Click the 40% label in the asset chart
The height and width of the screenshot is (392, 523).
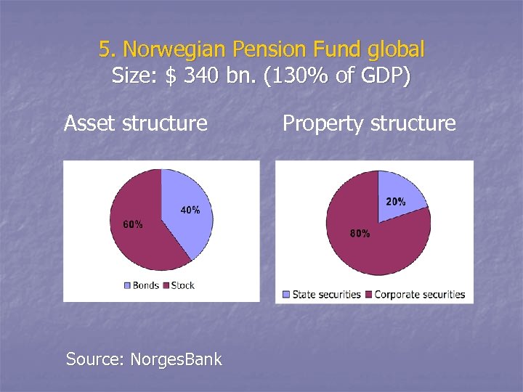[190, 210]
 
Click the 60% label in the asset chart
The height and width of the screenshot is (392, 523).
[132, 224]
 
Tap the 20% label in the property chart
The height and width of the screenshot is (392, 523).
[396, 202]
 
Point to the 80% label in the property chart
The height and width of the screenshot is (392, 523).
[360, 233]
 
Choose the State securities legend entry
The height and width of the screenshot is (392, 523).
[322, 294]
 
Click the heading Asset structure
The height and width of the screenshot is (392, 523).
[136, 123]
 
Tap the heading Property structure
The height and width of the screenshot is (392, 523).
[369, 123]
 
